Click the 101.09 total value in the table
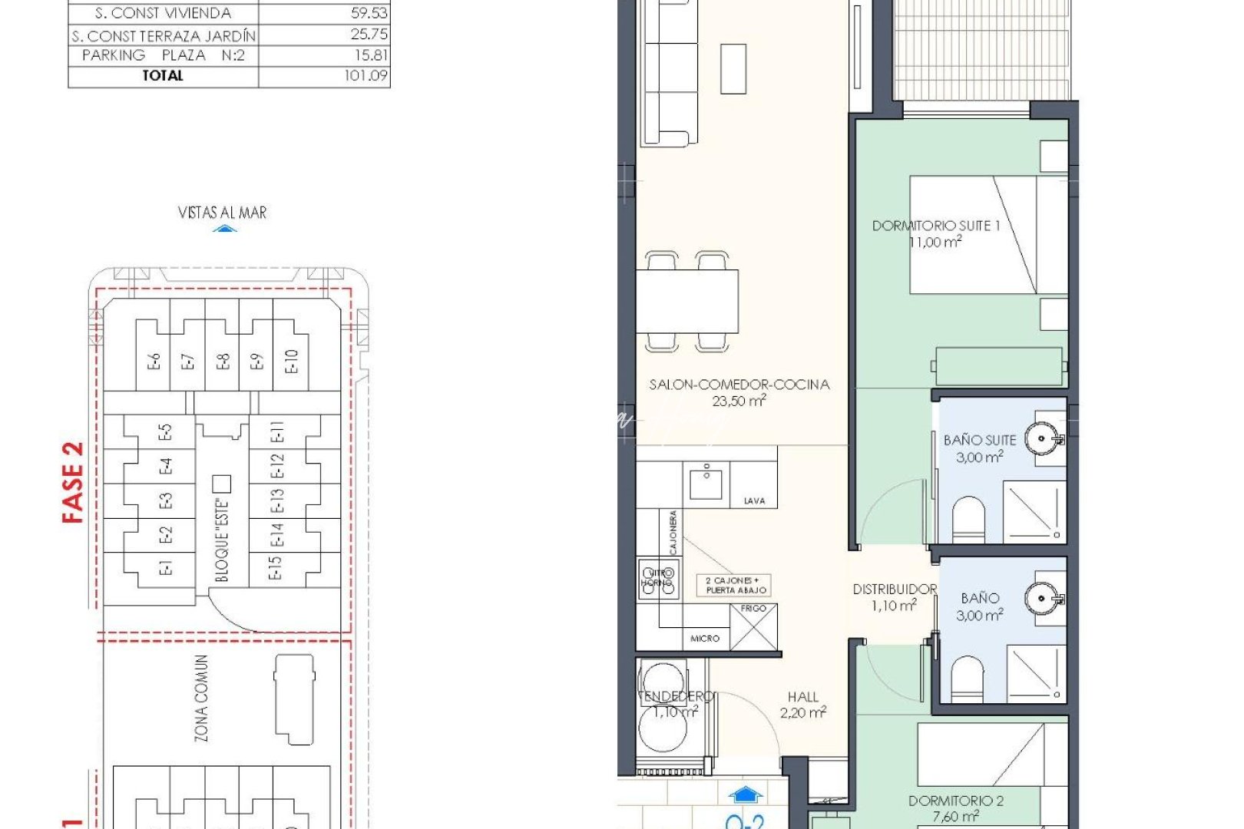[x=366, y=76]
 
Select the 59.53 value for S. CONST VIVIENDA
[x=369, y=13]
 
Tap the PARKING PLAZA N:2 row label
[x=163, y=55]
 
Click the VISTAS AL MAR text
[x=222, y=213]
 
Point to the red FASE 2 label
[x=72, y=483]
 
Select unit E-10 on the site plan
[x=291, y=362]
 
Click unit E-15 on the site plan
[x=275, y=568]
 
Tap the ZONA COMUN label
[x=201, y=698]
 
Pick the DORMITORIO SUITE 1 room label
[x=935, y=226]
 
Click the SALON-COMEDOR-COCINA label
[x=739, y=385]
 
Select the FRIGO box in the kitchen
[x=753, y=628]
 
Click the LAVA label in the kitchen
[x=754, y=500]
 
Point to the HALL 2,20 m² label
[x=802, y=705]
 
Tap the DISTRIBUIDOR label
[x=895, y=590]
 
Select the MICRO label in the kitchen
[x=705, y=639]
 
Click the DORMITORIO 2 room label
[x=955, y=801]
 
